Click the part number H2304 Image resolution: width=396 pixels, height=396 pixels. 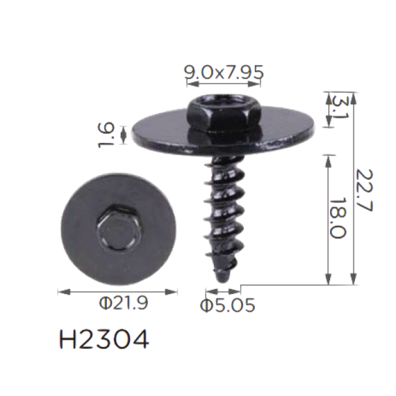[104, 339]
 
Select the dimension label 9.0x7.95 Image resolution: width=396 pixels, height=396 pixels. [224, 72]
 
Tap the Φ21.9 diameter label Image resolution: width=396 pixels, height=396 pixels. [123, 303]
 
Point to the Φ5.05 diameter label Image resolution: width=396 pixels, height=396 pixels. [228, 305]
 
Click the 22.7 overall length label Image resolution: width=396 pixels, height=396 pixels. [364, 190]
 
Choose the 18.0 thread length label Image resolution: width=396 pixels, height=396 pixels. [338, 218]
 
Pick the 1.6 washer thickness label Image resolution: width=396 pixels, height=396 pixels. [106, 135]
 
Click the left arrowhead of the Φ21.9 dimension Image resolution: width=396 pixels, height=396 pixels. [64, 292]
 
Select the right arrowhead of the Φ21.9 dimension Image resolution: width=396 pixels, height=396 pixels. [171, 292]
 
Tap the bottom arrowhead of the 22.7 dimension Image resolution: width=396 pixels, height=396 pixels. [353, 279]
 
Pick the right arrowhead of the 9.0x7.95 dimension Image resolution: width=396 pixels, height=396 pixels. [254, 84]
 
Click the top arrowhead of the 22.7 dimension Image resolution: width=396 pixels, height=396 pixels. [353, 99]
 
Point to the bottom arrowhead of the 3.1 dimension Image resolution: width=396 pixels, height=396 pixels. [328, 121]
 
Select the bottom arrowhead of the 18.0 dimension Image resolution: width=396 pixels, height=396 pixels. [328, 279]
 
